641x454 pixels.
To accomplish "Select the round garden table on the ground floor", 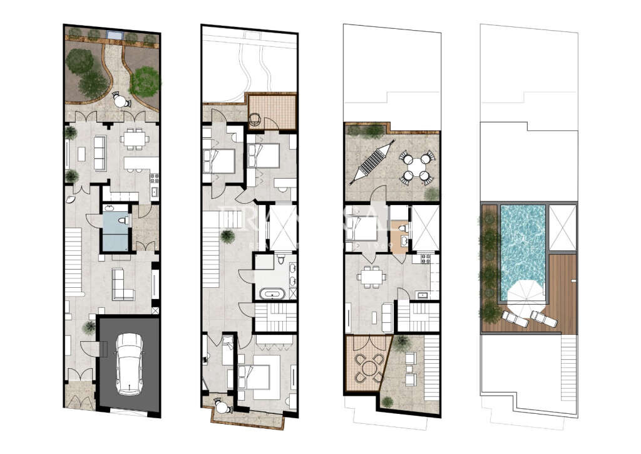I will pyautogui.click(x=119, y=100).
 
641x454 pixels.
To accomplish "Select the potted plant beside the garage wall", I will pyautogui.click(x=89, y=326).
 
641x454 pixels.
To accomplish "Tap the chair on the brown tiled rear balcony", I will pyautogui.click(x=256, y=117).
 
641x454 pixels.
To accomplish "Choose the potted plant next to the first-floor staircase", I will pyautogui.click(x=227, y=236).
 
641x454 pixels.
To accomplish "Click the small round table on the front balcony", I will pyautogui.click(x=222, y=407).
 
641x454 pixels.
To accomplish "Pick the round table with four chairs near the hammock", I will pyautogui.click(x=414, y=167).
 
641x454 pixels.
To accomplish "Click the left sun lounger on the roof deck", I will pyautogui.click(x=513, y=319).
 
